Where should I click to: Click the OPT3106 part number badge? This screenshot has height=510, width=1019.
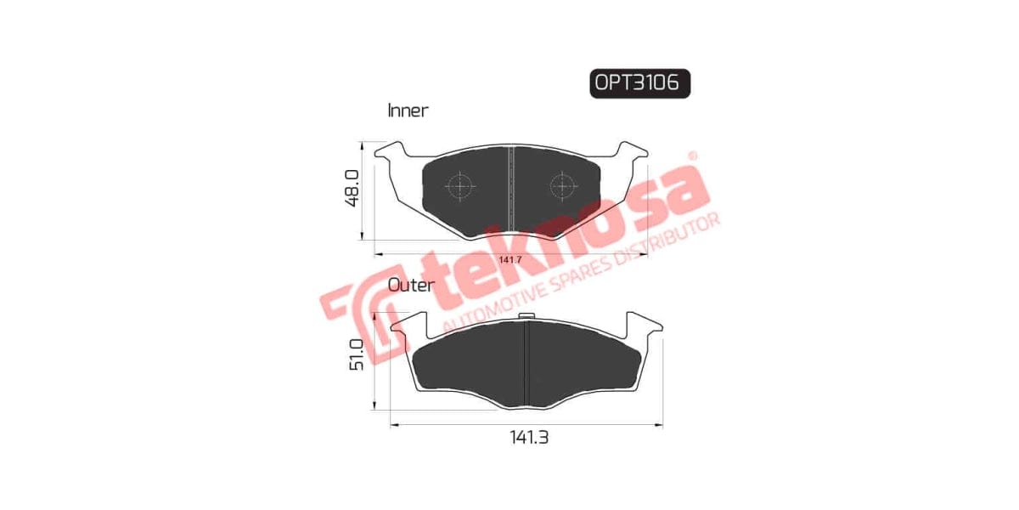[639, 82]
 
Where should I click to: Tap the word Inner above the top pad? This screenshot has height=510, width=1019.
[408, 110]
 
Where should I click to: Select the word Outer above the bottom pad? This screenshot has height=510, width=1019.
[411, 286]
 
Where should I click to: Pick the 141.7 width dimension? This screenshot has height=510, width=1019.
[509, 260]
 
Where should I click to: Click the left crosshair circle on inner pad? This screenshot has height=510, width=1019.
[459, 186]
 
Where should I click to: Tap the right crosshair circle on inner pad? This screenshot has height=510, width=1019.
[561, 185]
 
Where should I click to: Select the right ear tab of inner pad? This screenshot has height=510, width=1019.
[633, 156]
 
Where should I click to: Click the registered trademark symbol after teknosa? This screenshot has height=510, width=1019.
[692, 157]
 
